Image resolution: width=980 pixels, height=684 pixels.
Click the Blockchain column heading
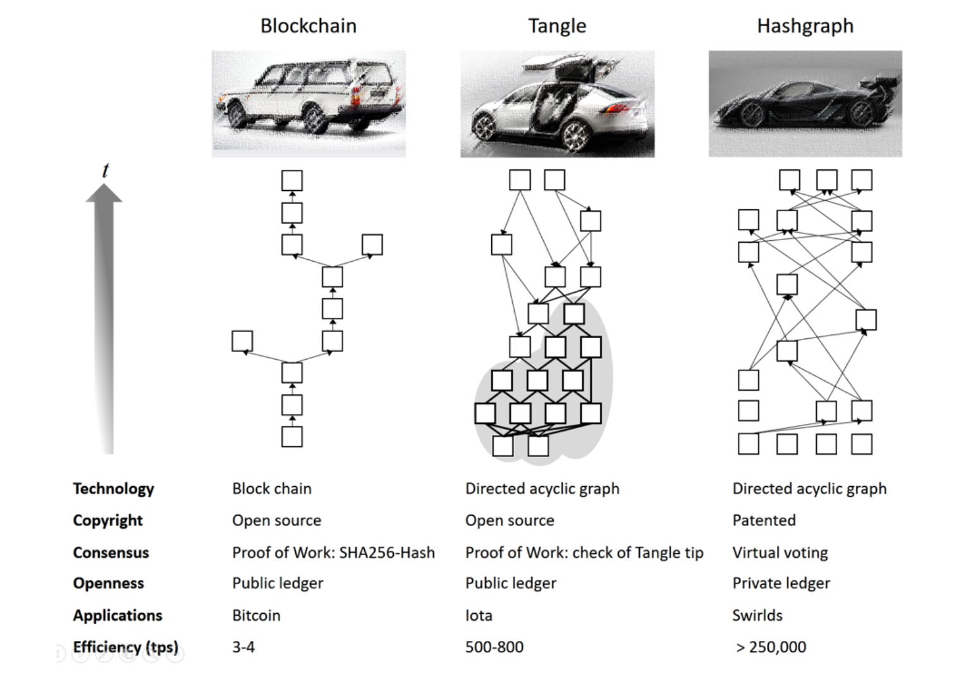(308, 26)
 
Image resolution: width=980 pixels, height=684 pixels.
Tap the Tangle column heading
(557, 26)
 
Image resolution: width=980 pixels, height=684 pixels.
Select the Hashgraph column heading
(805, 26)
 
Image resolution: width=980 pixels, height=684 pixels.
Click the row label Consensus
(111, 553)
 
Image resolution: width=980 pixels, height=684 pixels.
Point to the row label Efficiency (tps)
(125, 647)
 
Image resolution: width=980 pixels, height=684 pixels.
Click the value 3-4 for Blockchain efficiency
(243, 647)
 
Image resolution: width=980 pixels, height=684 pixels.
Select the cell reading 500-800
(494, 647)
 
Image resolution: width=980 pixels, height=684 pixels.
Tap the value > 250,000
(771, 647)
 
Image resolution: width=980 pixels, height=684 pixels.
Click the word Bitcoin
(256, 615)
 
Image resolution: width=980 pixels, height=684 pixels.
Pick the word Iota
(478, 615)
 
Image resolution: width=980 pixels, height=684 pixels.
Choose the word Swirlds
(757, 615)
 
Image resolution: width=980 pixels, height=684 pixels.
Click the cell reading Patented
(764, 520)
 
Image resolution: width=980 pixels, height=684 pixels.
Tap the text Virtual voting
(780, 553)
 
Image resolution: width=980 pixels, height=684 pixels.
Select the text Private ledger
(781, 583)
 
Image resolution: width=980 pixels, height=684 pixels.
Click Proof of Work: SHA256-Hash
(333, 553)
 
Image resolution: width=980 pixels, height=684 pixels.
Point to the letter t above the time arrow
(105, 170)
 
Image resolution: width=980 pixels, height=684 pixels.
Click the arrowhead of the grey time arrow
(104, 193)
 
